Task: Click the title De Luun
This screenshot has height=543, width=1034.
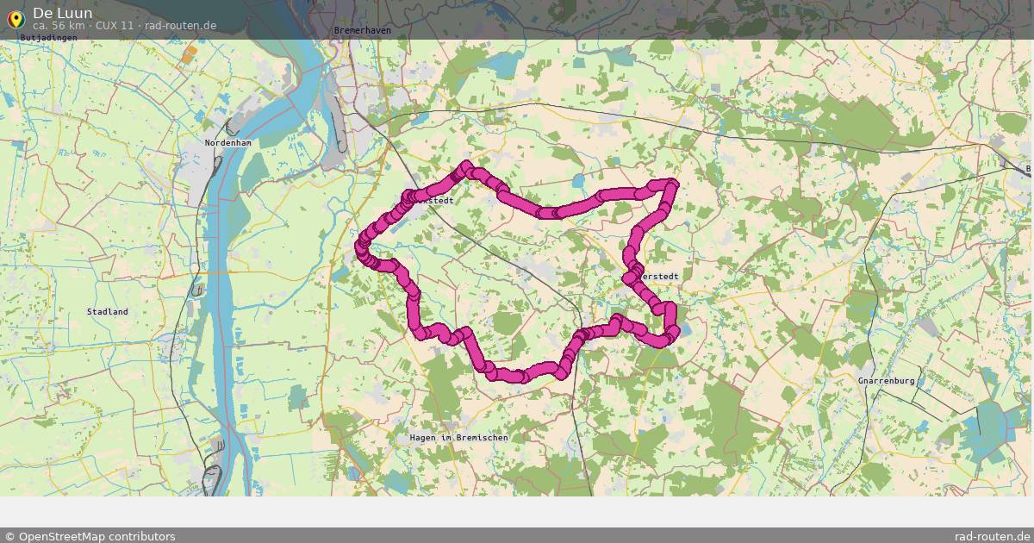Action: coord(63,13)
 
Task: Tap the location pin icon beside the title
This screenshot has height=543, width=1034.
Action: coord(15,18)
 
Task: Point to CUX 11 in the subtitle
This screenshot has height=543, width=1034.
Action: coord(115,26)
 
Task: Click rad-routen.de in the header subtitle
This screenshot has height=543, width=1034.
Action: coord(181,26)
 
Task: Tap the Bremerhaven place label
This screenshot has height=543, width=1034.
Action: coord(362,31)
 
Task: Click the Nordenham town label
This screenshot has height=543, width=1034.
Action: coord(227,142)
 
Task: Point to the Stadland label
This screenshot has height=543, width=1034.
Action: coord(108,311)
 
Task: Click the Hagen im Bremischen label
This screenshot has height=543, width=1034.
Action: coord(458,438)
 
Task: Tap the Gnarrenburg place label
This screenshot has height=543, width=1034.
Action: coord(886,380)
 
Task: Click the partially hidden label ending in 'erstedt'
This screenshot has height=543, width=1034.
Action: coord(660,277)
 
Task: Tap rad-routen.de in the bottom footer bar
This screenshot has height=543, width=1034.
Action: coord(992,536)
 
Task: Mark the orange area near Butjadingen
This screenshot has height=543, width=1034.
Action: coord(190,54)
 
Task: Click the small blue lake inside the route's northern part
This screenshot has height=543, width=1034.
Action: coord(576,180)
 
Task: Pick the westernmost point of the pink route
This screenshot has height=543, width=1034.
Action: coord(360,248)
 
